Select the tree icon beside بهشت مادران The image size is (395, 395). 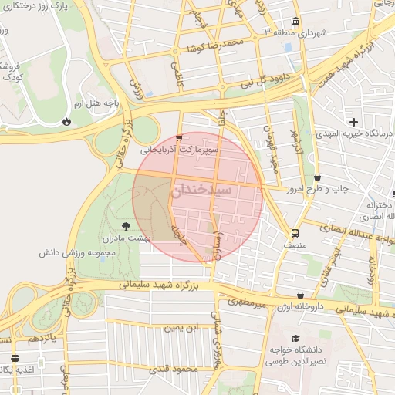tap(127, 225)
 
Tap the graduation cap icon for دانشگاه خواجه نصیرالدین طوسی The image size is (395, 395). tap(295, 338)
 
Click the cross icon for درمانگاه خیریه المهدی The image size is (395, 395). tap(353, 121)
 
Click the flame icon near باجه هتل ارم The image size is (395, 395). tap(67, 120)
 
